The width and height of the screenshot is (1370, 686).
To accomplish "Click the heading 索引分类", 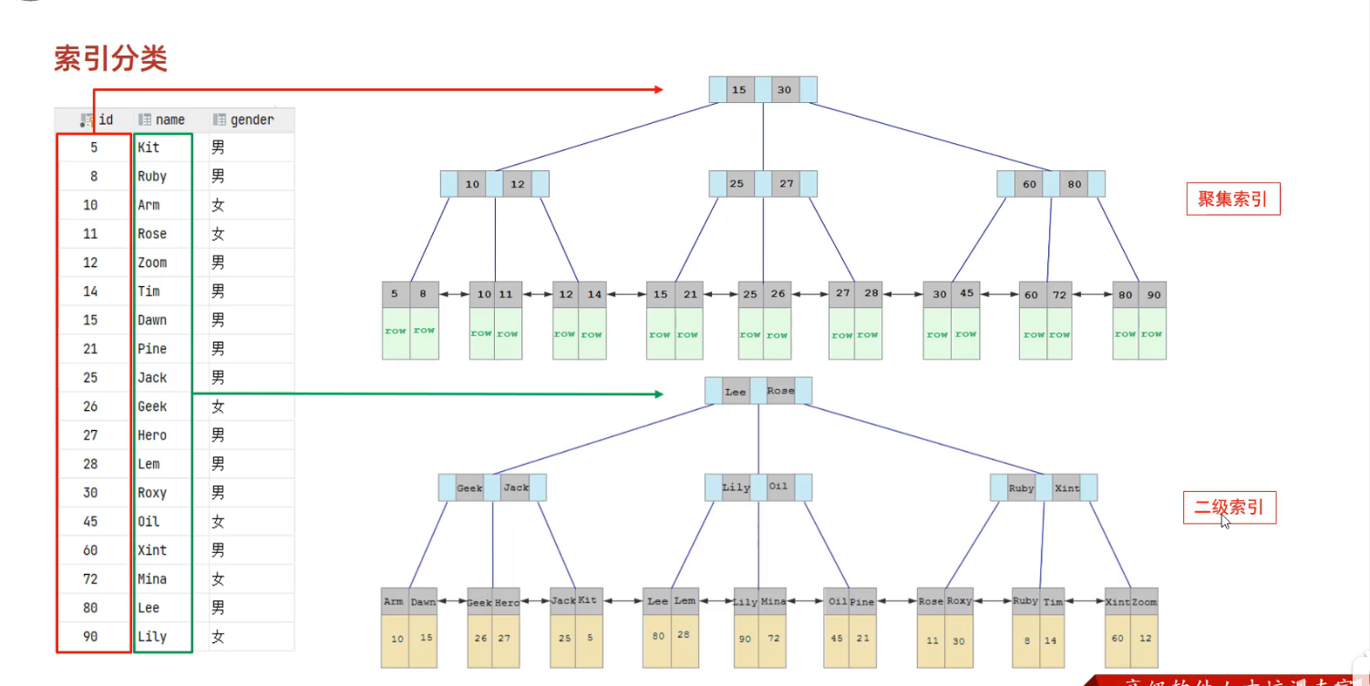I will click(110, 59).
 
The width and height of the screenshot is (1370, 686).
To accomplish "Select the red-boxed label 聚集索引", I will click(1232, 200).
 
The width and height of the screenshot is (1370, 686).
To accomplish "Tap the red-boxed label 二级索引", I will click(1229, 507).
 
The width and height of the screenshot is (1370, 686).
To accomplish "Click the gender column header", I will click(251, 119).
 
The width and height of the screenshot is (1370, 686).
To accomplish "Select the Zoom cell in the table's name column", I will click(152, 262).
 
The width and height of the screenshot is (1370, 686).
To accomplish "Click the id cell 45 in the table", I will click(90, 521).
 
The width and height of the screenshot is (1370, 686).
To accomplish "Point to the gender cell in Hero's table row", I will click(218, 435).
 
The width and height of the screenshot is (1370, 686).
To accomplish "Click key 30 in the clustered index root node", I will click(785, 89).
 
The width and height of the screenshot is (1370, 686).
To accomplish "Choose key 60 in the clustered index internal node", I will click(1029, 184).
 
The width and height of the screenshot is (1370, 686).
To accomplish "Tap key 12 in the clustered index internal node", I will click(517, 184).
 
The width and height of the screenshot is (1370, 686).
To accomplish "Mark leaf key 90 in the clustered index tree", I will click(1153, 294).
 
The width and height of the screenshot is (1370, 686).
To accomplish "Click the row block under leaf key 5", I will click(396, 333).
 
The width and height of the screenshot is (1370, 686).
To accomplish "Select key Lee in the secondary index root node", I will click(735, 391).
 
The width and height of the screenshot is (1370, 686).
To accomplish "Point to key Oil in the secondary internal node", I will click(778, 486).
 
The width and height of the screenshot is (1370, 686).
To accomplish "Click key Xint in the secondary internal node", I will click(1066, 487).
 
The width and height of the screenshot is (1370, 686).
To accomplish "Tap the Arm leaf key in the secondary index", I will click(394, 601).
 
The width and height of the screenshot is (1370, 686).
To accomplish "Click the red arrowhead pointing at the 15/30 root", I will click(657, 89).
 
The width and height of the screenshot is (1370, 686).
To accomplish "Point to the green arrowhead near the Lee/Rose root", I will click(657, 394).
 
